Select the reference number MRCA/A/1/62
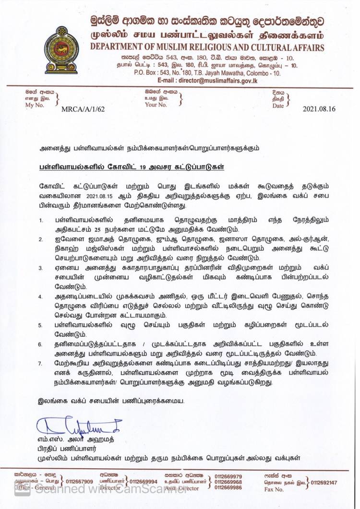click(83, 109)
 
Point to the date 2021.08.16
click(319, 109)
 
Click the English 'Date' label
click(278, 106)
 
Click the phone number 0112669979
click(228, 476)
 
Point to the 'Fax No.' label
click(274, 489)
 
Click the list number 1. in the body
click(42, 220)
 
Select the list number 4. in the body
click(42, 296)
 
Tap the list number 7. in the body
click(42, 365)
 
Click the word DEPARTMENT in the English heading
click(121, 47)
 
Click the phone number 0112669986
click(228, 487)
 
